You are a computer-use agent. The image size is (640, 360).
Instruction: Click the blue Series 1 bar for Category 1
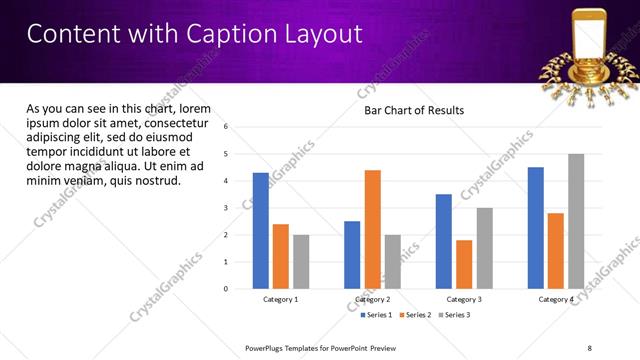pos(261,231)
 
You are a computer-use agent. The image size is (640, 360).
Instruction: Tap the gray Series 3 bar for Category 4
pos(576,221)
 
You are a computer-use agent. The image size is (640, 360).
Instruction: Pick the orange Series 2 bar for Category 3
pos(464,264)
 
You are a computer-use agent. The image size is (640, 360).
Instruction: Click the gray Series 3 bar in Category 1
pos(301,262)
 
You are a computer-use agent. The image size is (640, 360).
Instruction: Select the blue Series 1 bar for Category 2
pos(352,255)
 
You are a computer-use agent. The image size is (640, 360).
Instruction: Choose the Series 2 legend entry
pos(416,315)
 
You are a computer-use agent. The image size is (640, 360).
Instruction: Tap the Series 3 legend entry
pos(455,315)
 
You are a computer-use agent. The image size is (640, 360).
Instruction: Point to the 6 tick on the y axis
pos(226,127)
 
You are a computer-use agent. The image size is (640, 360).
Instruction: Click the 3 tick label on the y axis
pos(226,208)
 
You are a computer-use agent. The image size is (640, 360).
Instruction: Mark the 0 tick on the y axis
pos(226,289)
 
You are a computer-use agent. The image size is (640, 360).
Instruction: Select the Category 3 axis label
pos(464,300)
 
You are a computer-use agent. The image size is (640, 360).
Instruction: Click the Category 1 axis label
pos(281,300)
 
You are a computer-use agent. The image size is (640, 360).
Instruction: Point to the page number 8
pos(589,348)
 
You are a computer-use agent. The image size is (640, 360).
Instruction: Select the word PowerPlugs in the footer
pos(268,348)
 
